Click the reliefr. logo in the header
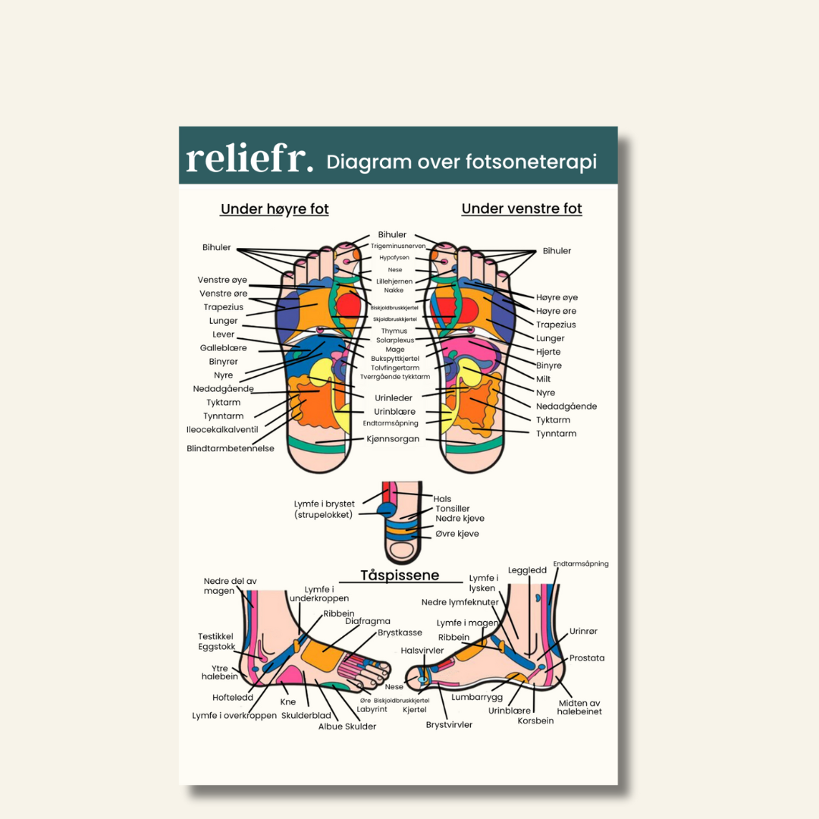click(x=249, y=158)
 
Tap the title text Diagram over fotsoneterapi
click(x=461, y=162)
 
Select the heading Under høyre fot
click(x=275, y=209)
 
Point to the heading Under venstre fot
click(x=522, y=209)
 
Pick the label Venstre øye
click(x=222, y=280)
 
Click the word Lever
click(x=224, y=334)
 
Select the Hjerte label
click(x=549, y=352)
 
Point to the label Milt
click(x=544, y=379)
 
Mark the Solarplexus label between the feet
click(x=394, y=340)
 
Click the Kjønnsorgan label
click(x=393, y=439)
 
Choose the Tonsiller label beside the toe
click(x=453, y=509)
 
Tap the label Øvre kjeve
click(x=457, y=534)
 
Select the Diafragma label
click(x=368, y=621)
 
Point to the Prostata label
click(x=587, y=658)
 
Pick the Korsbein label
click(x=535, y=720)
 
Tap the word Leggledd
click(x=527, y=570)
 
